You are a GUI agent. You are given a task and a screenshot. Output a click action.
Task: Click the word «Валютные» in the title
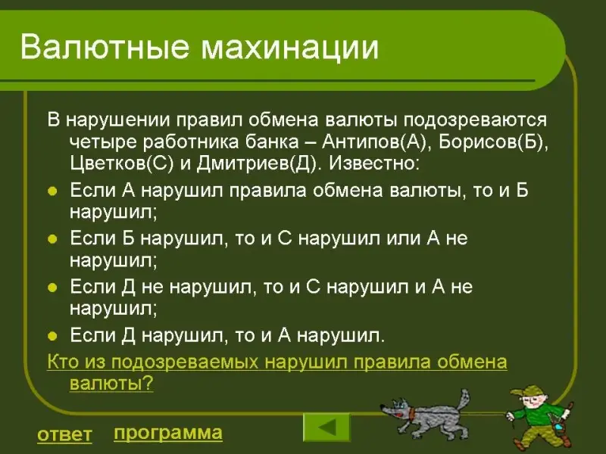[105, 48]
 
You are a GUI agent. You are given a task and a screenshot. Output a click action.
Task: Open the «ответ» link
[64, 434]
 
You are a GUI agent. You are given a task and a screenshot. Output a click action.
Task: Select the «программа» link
[168, 433]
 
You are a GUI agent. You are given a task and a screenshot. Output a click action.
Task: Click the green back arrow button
[326, 427]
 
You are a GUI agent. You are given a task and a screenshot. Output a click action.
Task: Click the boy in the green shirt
[540, 418]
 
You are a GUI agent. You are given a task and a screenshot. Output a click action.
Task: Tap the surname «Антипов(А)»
[373, 142]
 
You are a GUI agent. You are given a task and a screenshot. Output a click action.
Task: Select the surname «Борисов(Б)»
[494, 142]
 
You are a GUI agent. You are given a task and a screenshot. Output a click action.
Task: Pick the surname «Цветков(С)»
[122, 163]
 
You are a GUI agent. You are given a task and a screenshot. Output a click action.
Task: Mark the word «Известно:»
[374, 163]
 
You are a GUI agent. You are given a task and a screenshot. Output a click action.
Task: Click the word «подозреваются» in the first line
[476, 120]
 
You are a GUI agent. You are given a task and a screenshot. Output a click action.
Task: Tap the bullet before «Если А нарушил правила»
[52, 191]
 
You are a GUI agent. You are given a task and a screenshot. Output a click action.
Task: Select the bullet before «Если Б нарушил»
[52, 239]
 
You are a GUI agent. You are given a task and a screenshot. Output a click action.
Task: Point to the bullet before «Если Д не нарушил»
[52, 288]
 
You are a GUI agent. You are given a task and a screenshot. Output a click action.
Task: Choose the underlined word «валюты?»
[111, 384]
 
